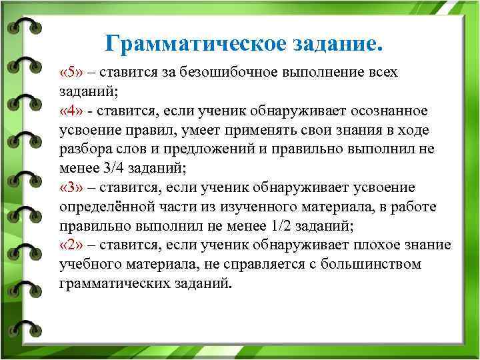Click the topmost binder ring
[23, 25]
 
